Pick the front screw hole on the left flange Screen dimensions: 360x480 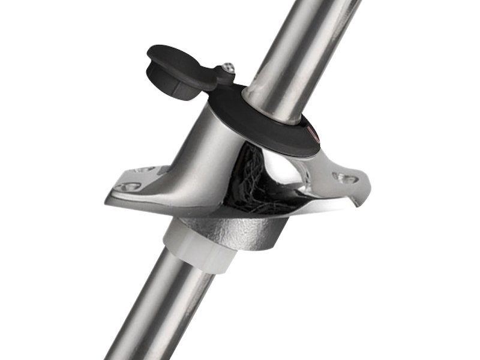point(128,187)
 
